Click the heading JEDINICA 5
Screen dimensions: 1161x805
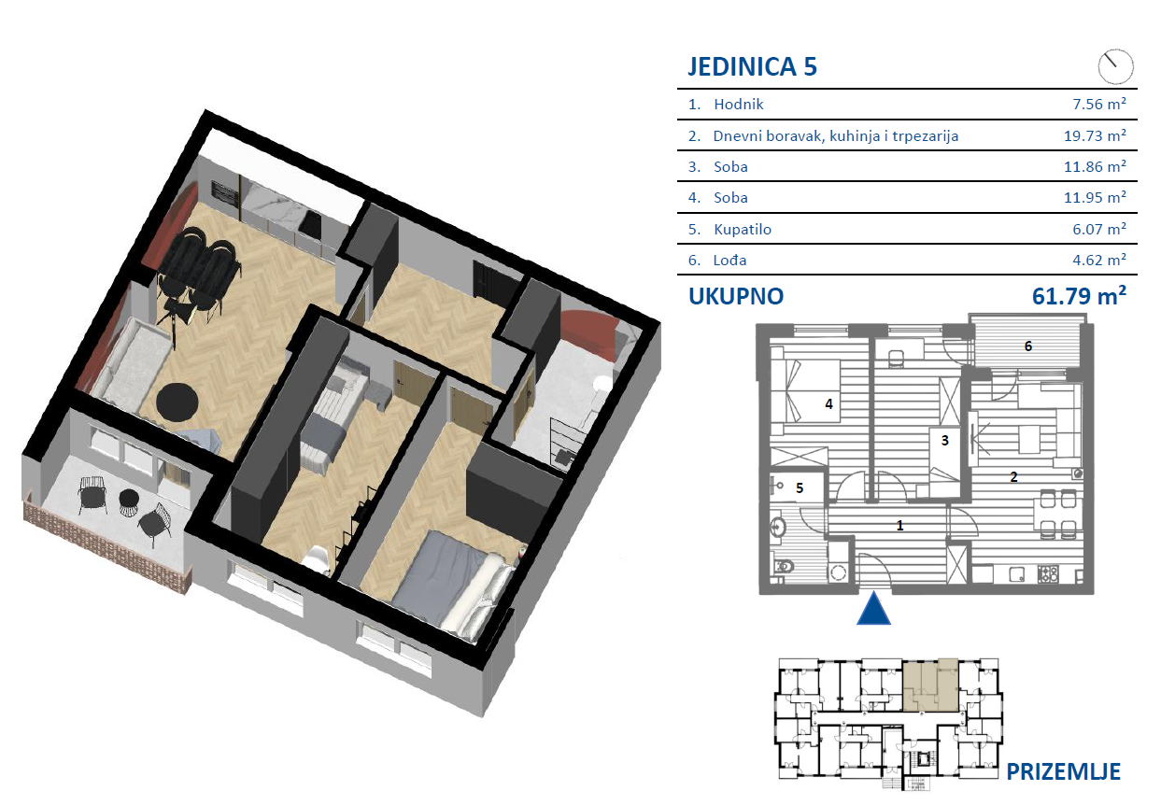tap(752, 67)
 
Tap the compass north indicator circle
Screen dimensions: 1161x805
tap(1115, 66)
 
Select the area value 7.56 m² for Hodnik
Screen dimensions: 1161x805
tap(1099, 104)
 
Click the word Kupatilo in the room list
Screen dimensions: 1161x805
tap(743, 229)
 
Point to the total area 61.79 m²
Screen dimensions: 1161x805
tap(1079, 295)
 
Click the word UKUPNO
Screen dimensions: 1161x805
tap(736, 296)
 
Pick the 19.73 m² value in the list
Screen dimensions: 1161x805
tap(1096, 135)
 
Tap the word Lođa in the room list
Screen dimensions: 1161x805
tap(729, 261)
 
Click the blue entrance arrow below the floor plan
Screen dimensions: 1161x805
tap(874, 608)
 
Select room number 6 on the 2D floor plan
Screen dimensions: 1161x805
tap(1027, 346)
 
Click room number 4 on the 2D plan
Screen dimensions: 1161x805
tap(828, 403)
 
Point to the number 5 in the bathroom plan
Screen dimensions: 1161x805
tap(800, 487)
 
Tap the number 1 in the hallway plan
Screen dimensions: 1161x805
tap(899, 526)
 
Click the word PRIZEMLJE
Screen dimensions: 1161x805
tap(1063, 771)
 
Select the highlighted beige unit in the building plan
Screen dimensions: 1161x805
tap(930, 685)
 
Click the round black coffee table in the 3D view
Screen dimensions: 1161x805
tap(177, 403)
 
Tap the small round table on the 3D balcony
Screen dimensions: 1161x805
tap(128, 499)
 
